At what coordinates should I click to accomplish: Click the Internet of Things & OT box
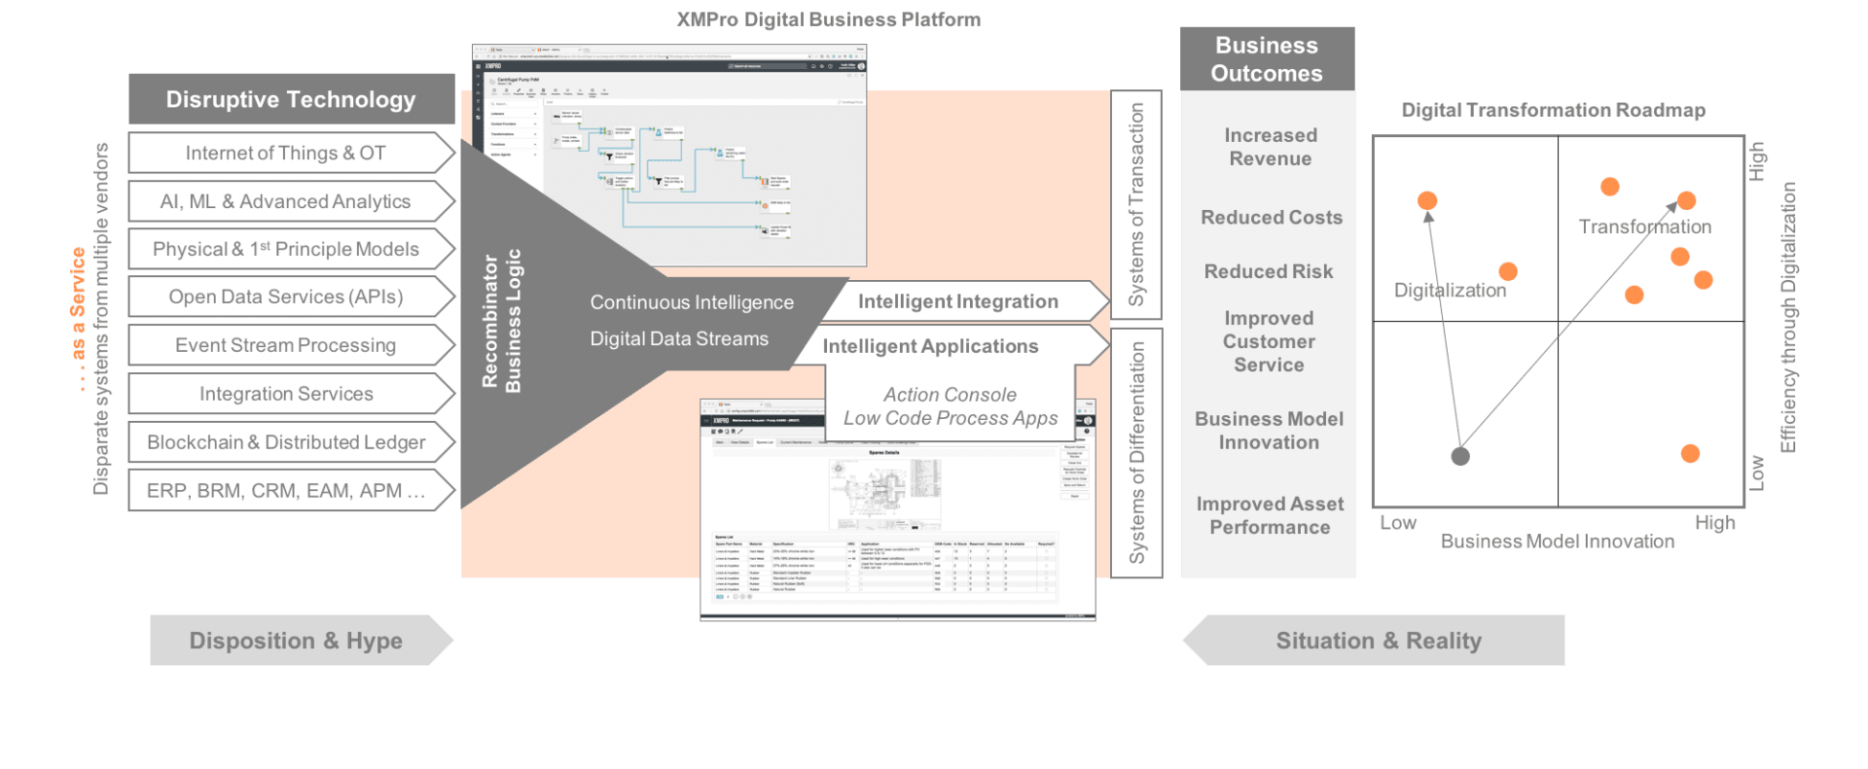285,153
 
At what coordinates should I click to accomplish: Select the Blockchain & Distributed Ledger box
285,442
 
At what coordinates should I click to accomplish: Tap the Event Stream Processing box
285,345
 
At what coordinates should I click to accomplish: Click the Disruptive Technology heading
290,99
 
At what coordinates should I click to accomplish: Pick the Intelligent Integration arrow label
957,301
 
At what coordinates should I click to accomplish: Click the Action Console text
950,395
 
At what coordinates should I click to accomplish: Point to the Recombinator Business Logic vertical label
501,321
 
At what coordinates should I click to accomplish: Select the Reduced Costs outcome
1271,218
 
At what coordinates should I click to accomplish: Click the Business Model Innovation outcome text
1269,431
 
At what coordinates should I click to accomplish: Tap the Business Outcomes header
1266,59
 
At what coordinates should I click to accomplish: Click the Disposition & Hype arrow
296,641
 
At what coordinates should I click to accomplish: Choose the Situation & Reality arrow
1378,641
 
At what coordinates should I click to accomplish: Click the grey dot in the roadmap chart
1459,455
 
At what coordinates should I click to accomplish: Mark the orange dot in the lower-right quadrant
1690,453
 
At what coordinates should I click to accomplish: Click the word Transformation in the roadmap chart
1644,227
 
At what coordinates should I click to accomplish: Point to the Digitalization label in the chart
1450,290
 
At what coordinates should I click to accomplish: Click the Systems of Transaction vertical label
1135,204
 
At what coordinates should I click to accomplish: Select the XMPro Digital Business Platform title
828,19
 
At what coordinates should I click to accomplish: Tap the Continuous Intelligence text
692,302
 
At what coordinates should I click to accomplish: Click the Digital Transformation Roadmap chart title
1553,110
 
